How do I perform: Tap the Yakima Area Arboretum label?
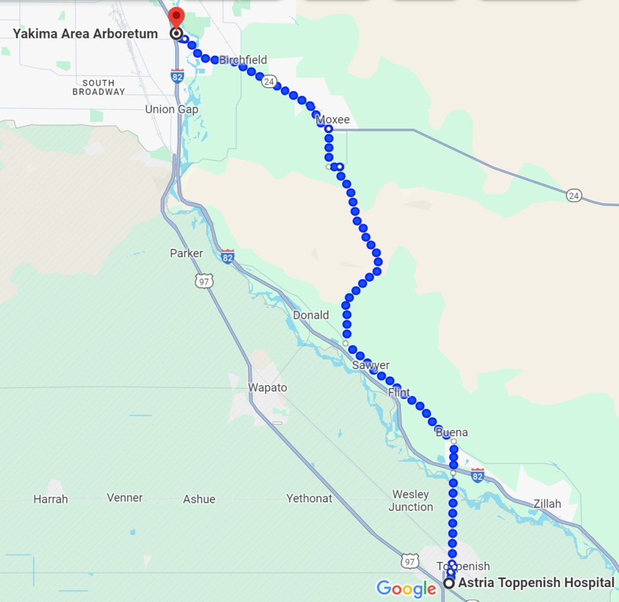pos(85,34)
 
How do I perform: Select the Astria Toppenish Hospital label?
pos(536,583)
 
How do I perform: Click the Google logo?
pos(406,588)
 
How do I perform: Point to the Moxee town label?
pos(334,120)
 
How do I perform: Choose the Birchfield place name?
pos(243,60)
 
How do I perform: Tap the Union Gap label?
pos(172,109)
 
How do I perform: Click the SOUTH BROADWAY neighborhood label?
pos(99,87)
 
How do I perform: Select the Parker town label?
pos(186,253)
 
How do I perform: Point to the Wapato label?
pos(268,387)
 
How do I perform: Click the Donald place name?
pos(311,315)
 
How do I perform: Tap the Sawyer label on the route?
pos(371,365)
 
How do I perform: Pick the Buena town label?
pos(452,433)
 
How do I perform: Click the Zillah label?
pos(547,503)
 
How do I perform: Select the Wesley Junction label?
pos(410,501)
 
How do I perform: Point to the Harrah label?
pos(51,499)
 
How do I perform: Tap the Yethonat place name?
pos(309,499)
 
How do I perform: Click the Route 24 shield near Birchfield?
pos(270,82)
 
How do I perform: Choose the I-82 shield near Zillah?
pos(478,475)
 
